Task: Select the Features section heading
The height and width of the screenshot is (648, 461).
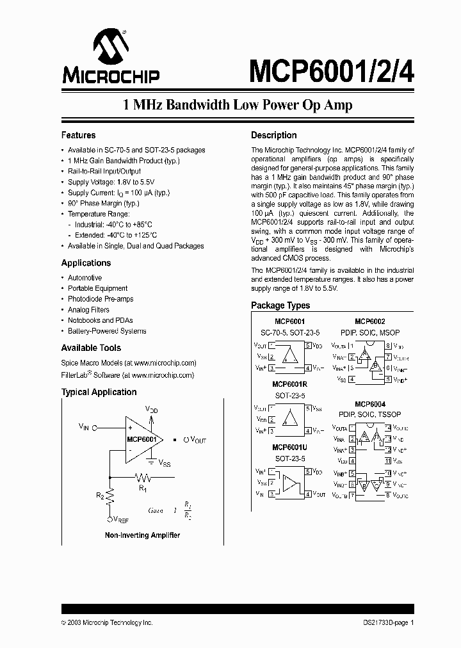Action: coord(78,136)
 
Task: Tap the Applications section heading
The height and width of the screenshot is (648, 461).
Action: coord(86,263)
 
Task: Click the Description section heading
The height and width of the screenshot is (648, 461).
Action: coord(273,136)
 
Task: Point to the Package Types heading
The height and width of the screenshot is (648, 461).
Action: coord(280,306)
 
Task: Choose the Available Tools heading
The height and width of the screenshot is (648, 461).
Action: coord(91,348)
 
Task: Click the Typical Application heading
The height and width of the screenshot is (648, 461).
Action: coord(99,393)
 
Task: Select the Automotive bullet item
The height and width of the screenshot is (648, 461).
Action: coord(85,278)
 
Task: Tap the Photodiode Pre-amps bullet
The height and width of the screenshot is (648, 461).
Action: coord(101,299)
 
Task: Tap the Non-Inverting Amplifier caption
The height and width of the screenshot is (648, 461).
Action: coord(142,535)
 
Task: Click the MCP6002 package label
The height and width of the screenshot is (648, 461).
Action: coord(370,321)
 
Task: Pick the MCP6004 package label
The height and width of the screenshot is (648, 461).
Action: coord(370,404)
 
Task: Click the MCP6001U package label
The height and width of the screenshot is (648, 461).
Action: coord(290,448)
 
